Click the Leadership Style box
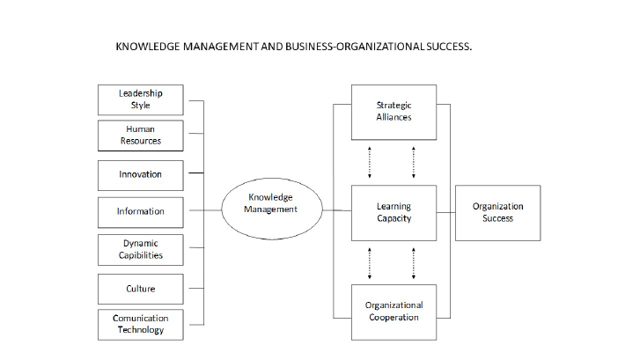(141, 99)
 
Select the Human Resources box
(141, 135)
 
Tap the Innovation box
(141, 174)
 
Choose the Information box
(141, 211)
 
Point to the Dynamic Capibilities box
(141, 249)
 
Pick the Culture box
(141, 288)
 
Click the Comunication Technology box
(141, 323)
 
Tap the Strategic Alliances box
(394, 111)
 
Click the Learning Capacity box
(394, 212)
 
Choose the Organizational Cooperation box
(394, 311)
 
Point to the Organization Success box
(497, 212)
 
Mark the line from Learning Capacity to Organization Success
(445, 212)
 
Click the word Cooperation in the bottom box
(394, 317)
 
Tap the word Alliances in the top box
(394, 117)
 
